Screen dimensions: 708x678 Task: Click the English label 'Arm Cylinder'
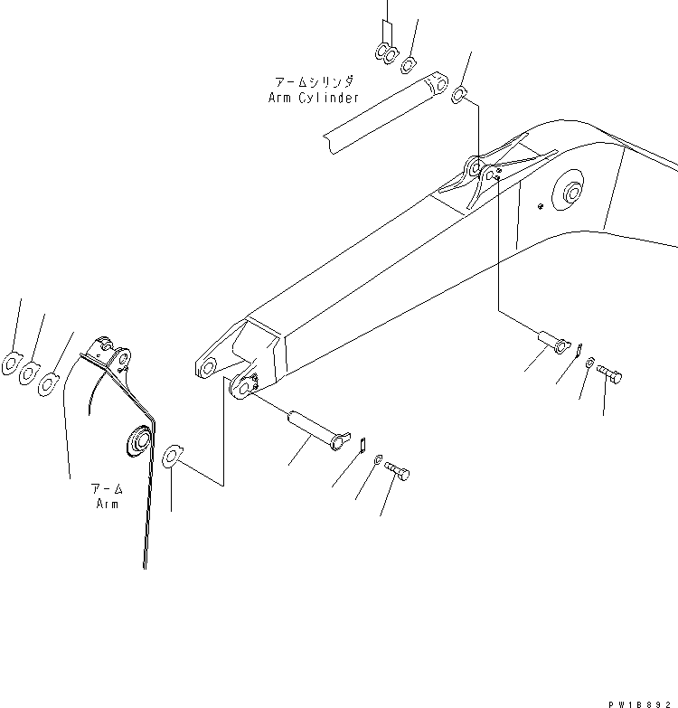pyautogui.click(x=313, y=98)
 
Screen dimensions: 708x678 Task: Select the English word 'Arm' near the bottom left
pyautogui.click(x=108, y=504)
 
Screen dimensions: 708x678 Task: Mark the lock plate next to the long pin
pyautogui.click(x=360, y=443)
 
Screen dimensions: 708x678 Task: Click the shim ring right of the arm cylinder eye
pyautogui.click(x=459, y=93)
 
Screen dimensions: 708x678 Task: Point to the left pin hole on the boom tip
pyautogui.click(x=206, y=367)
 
